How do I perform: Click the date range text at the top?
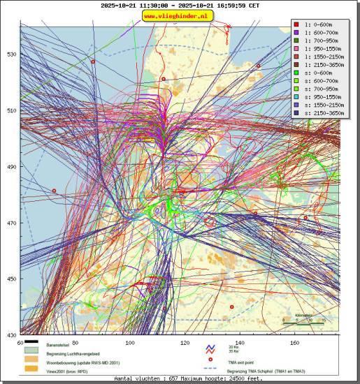180,5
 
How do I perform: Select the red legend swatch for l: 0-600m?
297,24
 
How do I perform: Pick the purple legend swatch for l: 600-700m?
297,33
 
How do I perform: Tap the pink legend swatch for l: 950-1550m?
297,49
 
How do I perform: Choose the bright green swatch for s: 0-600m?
297,73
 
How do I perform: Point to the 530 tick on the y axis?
11,54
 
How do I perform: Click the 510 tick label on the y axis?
11,110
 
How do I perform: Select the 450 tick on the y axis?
11,279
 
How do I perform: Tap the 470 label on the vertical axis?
11,223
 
